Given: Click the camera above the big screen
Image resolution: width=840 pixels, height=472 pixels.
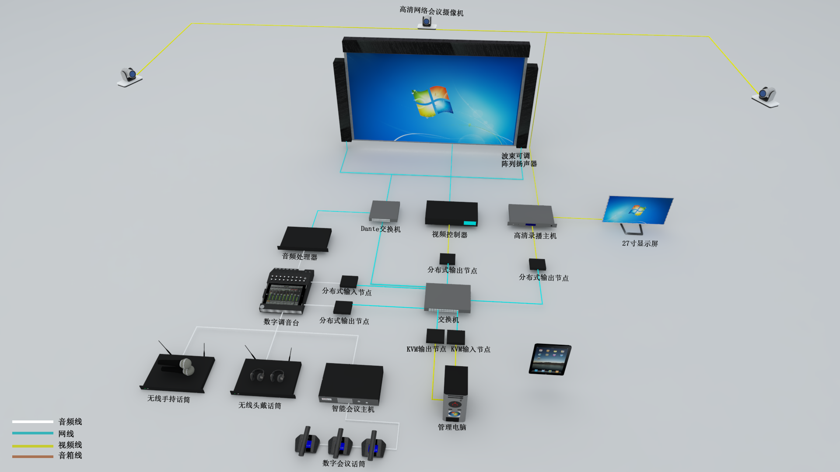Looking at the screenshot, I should (x=427, y=22).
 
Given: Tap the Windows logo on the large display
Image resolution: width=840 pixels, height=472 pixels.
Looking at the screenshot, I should (x=432, y=102).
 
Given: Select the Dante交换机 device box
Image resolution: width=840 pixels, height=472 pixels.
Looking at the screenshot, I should (x=385, y=212).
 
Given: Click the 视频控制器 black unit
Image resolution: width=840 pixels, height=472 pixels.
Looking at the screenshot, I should (x=451, y=213).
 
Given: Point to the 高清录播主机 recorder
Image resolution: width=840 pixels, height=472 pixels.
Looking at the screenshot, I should (x=531, y=215).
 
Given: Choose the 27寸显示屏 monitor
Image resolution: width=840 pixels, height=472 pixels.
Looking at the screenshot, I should (x=638, y=210).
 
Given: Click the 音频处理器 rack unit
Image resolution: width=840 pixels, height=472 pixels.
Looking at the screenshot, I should (x=305, y=239).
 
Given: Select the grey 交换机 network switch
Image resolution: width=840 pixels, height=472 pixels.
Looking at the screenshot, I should (x=447, y=297).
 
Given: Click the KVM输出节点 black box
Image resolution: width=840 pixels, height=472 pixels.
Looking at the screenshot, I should (x=435, y=337).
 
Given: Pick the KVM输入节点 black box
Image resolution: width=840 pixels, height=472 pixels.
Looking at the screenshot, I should (x=456, y=337).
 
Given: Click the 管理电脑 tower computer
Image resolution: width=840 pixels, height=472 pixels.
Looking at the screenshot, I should (x=455, y=392).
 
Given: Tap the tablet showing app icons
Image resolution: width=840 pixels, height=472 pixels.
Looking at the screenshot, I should (x=550, y=359).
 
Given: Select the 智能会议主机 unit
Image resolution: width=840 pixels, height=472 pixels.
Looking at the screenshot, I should (x=351, y=383).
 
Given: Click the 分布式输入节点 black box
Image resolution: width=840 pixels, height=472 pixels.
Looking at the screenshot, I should (x=349, y=281).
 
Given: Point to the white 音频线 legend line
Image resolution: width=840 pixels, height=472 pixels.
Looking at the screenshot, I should (x=33, y=422).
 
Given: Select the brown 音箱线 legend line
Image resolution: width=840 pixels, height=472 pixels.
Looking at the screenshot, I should (x=33, y=456).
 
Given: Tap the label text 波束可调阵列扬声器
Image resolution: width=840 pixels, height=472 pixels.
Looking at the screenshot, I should (x=518, y=160).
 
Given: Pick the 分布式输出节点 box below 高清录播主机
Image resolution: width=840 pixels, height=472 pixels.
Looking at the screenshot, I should (x=537, y=264).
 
